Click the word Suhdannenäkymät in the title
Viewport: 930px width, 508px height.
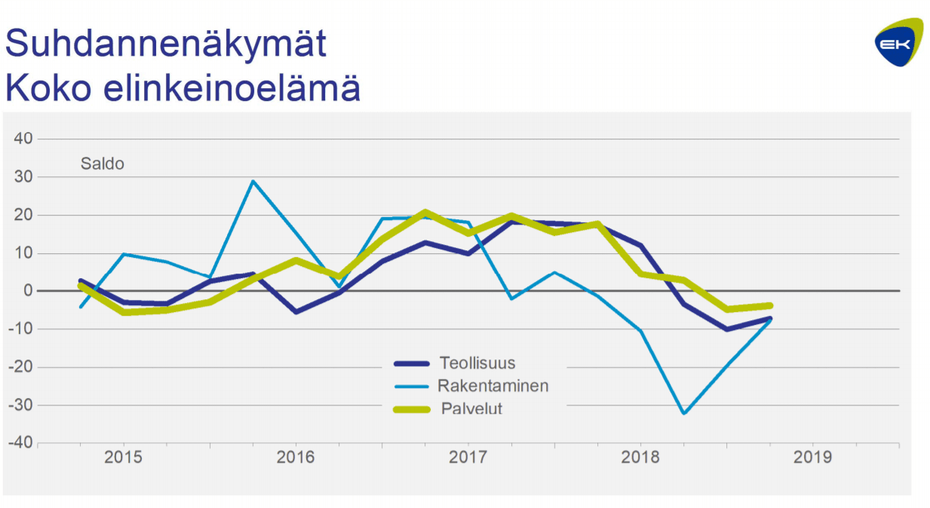click(x=166, y=45)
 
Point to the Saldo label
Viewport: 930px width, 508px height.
click(x=102, y=164)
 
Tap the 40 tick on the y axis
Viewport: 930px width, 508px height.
click(x=23, y=139)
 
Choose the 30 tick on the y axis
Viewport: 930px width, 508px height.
click(x=23, y=177)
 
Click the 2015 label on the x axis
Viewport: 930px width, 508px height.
click(x=123, y=458)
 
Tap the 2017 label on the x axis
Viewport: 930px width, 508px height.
click(x=468, y=458)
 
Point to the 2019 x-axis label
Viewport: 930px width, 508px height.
click(x=812, y=458)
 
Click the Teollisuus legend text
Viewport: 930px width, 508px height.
click(x=477, y=363)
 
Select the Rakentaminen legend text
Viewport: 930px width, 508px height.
click(x=493, y=386)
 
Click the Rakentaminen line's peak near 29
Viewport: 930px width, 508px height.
click(x=253, y=181)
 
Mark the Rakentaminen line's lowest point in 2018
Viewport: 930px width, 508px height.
click(x=684, y=413)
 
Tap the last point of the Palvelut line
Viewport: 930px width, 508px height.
click(x=770, y=305)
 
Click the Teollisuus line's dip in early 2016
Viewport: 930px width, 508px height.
click(x=296, y=311)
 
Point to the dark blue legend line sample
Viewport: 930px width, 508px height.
click(x=413, y=363)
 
